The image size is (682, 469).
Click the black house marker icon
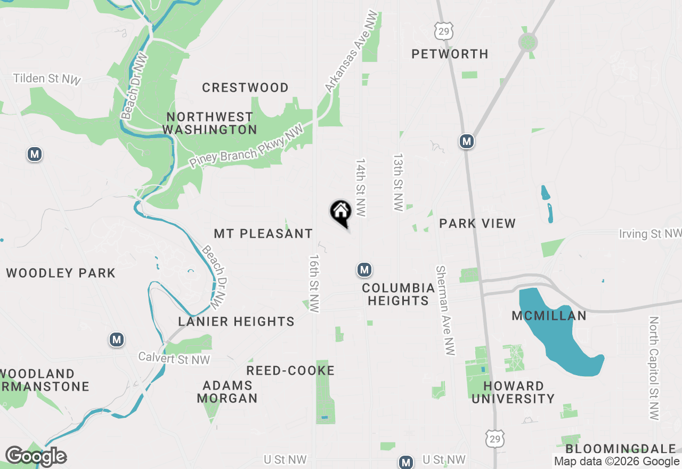coord(340,212)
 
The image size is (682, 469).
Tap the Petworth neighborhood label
coord(450,54)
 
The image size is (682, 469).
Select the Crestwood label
coord(245,87)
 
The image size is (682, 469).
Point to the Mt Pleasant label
coord(263,233)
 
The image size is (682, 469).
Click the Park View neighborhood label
coord(477,223)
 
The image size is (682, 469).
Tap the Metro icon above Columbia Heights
coord(364,270)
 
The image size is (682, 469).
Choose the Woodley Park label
coord(61,273)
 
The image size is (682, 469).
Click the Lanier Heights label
coord(236,321)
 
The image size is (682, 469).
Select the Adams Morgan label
coord(228,391)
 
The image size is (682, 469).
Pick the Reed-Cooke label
coord(290,370)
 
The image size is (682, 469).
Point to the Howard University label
coord(514,392)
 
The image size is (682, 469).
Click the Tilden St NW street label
coord(47,79)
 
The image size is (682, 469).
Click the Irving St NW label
coord(649,233)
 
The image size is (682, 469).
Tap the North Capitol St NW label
coord(654,368)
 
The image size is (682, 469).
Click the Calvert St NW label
coord(174,359)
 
